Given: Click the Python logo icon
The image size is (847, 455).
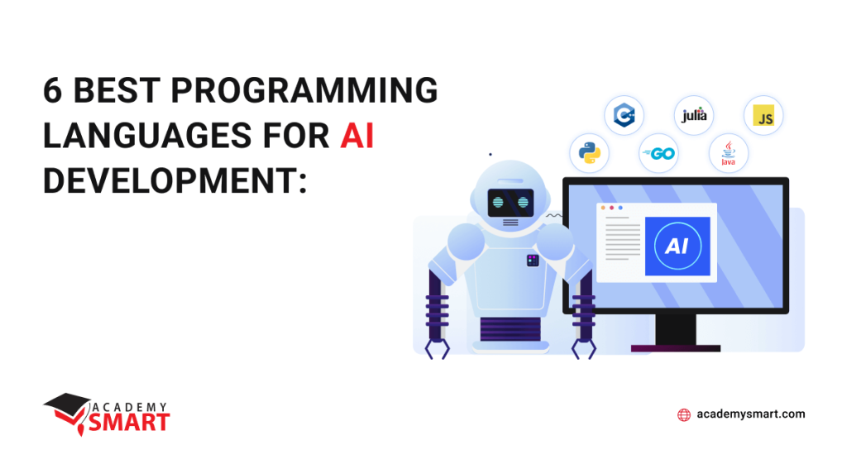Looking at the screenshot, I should coord(589,154).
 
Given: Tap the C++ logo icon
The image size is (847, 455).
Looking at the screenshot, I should coord(624,116).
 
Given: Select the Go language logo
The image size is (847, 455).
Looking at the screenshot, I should coord(659,154).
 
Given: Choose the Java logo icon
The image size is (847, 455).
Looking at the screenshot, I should coord(729,154).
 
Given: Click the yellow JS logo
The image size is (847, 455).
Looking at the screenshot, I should coord(763,117).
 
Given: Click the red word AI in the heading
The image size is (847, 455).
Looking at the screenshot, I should coord(357,135).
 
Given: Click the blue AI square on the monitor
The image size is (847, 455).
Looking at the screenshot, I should coord(677,246).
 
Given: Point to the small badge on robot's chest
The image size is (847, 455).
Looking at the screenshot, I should coord(532,261).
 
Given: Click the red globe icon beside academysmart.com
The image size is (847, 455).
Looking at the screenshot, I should coord(684,414).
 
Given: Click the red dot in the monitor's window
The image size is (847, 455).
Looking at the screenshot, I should coord(611,208).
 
